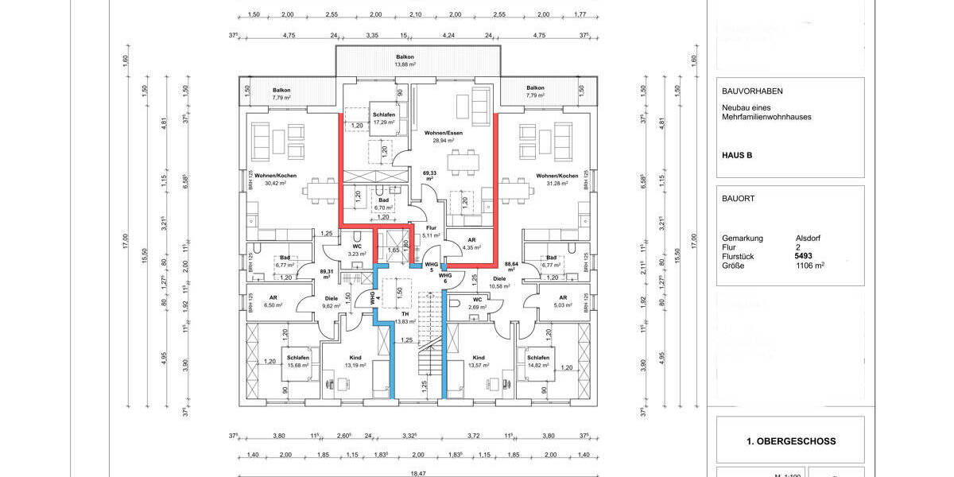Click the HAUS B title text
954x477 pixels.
pyautogui.click(x=737, y=155)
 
